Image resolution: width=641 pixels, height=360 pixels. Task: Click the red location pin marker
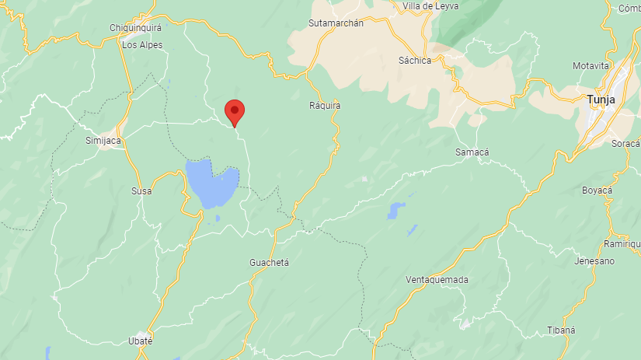pos(234,112)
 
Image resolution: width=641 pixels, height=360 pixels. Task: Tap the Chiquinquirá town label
pos(134,28)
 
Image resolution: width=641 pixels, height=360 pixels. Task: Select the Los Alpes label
pos(142,45)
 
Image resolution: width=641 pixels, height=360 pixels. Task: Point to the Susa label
pos(141,190)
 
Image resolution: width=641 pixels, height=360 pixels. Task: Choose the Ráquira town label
pos(325,105)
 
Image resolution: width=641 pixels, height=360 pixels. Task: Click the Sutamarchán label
pos(336,23)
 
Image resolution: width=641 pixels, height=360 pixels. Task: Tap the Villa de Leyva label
pos(430,6)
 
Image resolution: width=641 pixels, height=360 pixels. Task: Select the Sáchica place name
pos(414,61)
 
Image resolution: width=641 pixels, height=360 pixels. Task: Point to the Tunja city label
pos(601,100)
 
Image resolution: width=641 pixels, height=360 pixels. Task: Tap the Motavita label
pos(590,66)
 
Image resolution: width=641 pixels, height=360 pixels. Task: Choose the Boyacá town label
pos(597,190)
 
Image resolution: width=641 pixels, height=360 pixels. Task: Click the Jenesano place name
pos(594,261)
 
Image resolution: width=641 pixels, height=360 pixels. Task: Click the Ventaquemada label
pos(437,280)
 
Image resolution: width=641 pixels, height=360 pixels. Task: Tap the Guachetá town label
pos(270,263)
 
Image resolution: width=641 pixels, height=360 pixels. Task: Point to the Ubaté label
pos(140,341)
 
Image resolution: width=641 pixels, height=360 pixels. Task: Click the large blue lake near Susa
pos(211,184)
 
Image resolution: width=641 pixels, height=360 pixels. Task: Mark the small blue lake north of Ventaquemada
pos(395,209)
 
